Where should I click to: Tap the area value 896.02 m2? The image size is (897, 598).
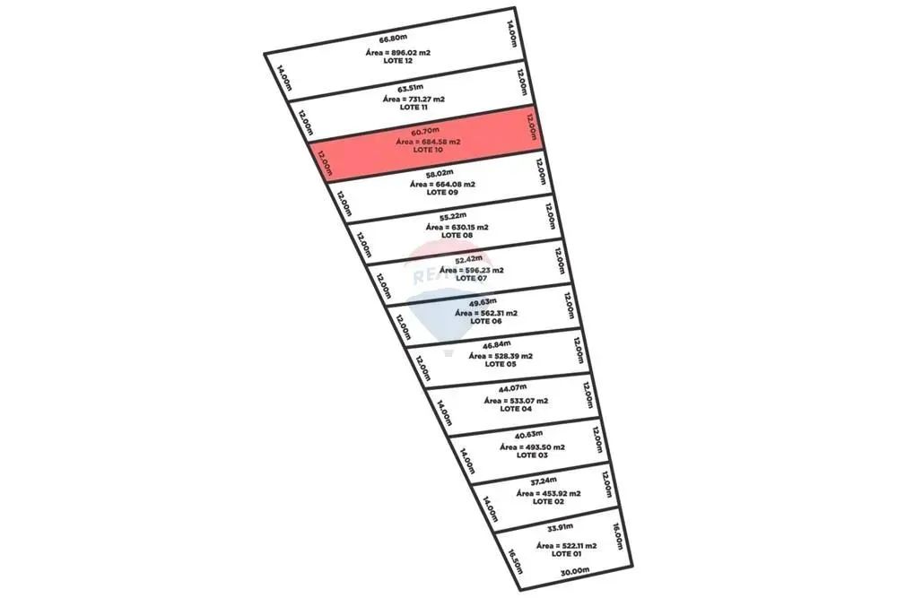tap(398, 54)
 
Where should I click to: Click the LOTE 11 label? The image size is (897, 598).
tap(414, 107)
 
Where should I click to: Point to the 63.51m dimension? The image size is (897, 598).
tap(409, 88)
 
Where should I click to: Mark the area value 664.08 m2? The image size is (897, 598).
tap(442, 184)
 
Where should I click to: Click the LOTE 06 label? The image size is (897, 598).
tap(485, 321)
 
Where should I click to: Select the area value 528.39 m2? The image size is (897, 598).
tap(501, 356)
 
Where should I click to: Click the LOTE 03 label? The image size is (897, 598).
tap(532, 455)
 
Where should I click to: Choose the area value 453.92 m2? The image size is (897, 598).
tap(548, 493)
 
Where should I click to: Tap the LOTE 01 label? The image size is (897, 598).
tap(567, 554)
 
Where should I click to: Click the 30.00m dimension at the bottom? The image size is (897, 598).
tap(574, 571)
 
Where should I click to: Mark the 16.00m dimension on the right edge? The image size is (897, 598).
tap(616, 536)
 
